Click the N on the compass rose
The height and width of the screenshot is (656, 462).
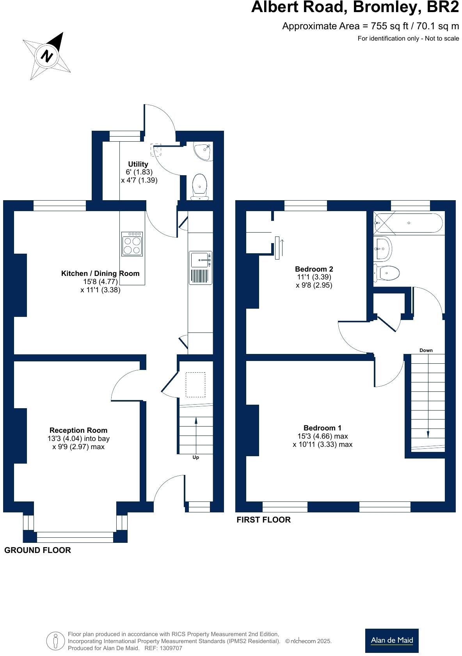click(47, 55)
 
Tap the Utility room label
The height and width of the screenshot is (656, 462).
click(138, 164)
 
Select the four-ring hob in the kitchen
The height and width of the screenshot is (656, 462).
click(132, 244)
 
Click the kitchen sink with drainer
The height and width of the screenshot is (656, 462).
click(201, 268)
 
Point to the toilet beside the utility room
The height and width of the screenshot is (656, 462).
click(200, 187)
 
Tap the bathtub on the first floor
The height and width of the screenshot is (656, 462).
click(408, 223)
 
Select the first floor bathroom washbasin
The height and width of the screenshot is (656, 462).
click(383, 248)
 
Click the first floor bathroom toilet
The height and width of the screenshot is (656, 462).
click(386, 273)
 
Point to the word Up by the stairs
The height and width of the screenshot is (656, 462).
click(195, 457)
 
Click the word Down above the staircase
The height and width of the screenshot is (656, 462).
click(426, 350)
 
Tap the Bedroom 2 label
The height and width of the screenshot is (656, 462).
click(314, 269)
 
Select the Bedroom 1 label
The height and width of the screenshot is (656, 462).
click(322, 428)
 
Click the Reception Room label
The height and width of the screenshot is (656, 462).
click(78, 430)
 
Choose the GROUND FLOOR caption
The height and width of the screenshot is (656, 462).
click(37, 550)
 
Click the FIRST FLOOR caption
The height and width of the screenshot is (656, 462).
click(263, 520)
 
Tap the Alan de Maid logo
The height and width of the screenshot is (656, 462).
click(392, 641)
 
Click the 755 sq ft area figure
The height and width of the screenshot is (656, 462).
click(389, 26)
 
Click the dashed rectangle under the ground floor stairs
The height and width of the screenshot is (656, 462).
click(195, 385)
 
